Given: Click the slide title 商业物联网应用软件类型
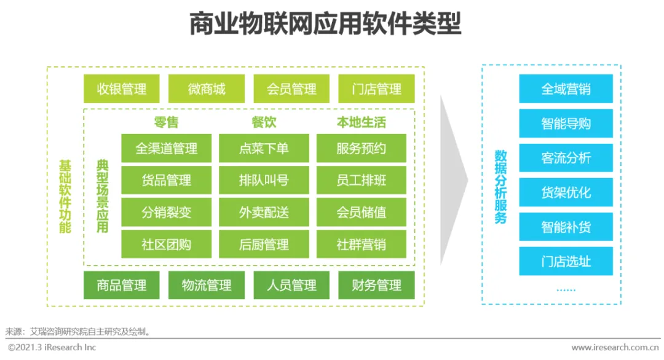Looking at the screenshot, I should [325, 24].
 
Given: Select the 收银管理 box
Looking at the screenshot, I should [122, 89].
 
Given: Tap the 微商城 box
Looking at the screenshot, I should [207, 89].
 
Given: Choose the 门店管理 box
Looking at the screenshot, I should [376, 89].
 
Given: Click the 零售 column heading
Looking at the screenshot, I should [166, 122].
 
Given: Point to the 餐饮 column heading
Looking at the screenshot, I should [264, 122].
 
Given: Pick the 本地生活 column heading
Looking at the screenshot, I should [362, 122].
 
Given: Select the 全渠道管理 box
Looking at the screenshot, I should [166, 148].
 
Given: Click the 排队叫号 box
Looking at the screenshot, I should [264, 180].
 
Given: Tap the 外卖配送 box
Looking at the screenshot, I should [264, 212].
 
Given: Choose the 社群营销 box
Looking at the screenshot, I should [362, 244].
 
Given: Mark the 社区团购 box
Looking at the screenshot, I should [166, 244].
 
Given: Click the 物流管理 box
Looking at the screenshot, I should [207, 285].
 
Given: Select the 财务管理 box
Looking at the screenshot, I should [376, 285].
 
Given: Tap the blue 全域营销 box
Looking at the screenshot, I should [566, 89].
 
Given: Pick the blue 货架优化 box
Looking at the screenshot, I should [566, 192].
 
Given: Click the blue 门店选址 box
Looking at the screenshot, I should [566, 261].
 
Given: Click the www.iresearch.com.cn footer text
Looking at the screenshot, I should [614, 348].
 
